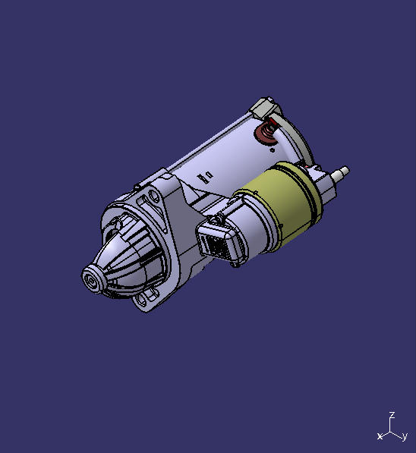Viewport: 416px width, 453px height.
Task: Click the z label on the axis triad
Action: click(x=391, y=415)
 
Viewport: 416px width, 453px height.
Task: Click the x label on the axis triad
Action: click(x=380, y=436)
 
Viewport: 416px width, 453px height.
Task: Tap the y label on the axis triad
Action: click(x=406, y=436)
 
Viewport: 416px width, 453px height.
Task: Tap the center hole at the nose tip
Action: click(x=92, y=278)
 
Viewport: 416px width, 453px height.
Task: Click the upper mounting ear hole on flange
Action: click(x=155, y=199)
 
